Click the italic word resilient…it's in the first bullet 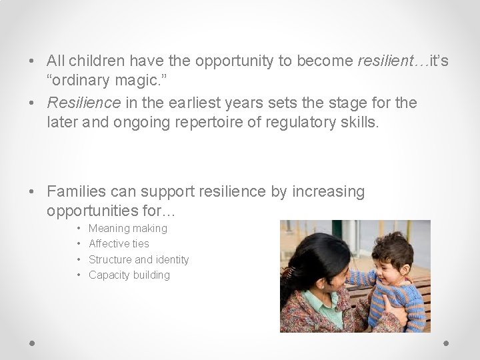tap(403, 61)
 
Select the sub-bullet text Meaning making tap(128, 229)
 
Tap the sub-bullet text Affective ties tap(119, 244)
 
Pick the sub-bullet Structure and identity tap(139, 259)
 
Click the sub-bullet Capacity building tap(129, 275)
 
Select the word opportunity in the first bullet tap(232, 61)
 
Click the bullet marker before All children tap(33, 61)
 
